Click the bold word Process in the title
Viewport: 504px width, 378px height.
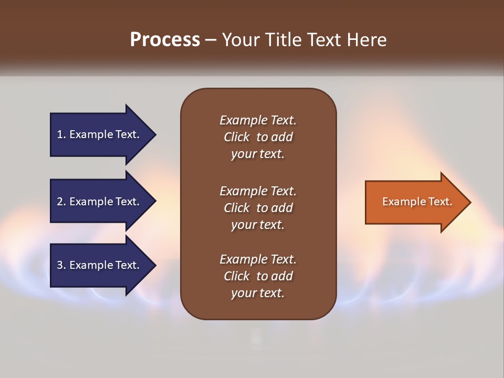tap(165, 40)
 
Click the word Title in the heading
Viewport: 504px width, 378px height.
tap(283, 40)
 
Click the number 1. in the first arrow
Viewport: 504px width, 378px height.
tap(61, 134)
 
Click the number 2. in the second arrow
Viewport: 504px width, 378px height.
tap(61, 202)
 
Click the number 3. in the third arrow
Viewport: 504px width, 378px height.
tap(61, 265)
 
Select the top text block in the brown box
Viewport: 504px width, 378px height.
tap(258, 137)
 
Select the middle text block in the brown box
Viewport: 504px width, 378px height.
tap(258, 208)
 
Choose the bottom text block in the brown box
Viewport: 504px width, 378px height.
tap(258, 276)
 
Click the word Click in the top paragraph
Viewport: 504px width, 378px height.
tap(236, 137)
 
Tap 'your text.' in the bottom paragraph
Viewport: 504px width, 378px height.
tap(258, 293)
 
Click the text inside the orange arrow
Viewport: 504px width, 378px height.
tap(417, 202)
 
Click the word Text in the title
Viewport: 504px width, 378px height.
tap(323, 40)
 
